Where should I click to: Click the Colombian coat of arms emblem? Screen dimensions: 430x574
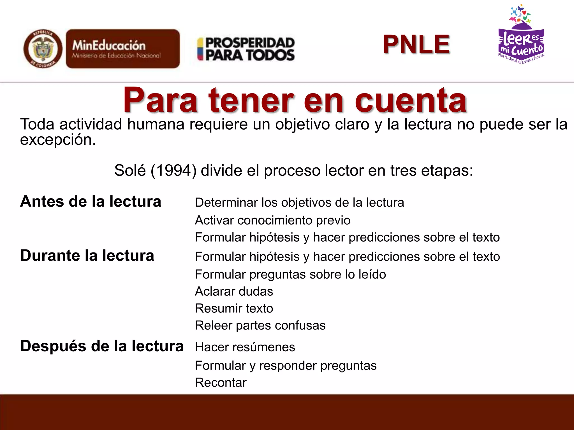point(43,49)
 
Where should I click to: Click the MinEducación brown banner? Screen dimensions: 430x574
point(123,49)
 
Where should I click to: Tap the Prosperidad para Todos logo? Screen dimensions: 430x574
point(246,49)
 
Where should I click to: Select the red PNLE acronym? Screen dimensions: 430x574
point(416,44)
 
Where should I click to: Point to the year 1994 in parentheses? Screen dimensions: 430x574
point(174,170)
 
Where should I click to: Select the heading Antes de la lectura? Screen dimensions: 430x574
point(91,202)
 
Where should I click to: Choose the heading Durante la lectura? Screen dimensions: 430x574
point(87,256)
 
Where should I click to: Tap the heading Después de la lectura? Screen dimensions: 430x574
point(102,346)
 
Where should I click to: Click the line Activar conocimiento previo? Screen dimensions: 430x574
point(272,220)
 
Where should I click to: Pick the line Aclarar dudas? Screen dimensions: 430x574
point(234,291)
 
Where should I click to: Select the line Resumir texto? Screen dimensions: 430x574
point(234,309)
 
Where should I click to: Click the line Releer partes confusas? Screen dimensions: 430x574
point(260,326)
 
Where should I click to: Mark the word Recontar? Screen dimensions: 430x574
point(221,383)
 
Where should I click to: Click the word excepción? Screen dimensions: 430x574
point(58,140)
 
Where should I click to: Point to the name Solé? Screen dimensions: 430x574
point(130,170)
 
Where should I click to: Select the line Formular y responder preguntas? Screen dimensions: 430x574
point(286,366)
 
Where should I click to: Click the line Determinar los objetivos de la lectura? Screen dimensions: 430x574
point(299,203)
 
